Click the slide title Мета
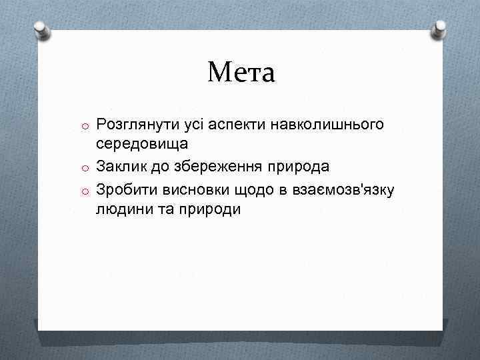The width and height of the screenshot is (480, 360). click(240, 72)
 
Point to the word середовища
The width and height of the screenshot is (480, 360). click(141, 143)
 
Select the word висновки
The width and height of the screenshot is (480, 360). click(194, 190)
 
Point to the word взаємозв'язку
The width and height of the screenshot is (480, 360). click(344, 190)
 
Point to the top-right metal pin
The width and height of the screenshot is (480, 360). click(440, 28)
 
